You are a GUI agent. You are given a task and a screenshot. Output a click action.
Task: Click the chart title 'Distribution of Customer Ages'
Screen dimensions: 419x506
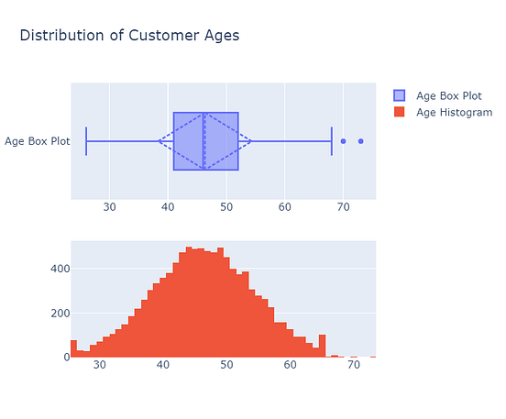(129, 36)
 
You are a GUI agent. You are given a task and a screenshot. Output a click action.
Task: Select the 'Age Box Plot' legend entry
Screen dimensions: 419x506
(447, 95)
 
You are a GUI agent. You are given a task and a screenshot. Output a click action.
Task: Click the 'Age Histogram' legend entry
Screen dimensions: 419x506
(450, 112)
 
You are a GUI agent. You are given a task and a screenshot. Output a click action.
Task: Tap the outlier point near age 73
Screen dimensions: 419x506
(361, 141)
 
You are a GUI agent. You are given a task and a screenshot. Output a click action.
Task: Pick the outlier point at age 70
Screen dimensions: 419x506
(343, 141)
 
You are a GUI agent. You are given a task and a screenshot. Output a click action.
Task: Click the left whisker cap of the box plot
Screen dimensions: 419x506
(86, 141)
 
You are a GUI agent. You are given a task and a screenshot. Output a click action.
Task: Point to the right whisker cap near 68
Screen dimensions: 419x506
(332, 141)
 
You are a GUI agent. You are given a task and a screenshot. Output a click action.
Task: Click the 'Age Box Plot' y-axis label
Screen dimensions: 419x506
(37, 141)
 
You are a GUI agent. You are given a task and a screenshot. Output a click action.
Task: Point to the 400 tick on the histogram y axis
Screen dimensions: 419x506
(57, 269)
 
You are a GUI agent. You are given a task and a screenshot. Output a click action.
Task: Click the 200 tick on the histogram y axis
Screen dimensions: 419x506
(57, 313)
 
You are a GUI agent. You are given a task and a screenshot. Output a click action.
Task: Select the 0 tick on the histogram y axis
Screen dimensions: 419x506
(64, 357)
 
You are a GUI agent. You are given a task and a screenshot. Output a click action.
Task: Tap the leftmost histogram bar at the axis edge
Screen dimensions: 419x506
(73, 348)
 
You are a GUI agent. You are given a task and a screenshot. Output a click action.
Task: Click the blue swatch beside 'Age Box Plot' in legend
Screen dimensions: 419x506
(399, 95)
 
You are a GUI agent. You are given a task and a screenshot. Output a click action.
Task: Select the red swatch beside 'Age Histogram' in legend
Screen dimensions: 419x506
(399, 112)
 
